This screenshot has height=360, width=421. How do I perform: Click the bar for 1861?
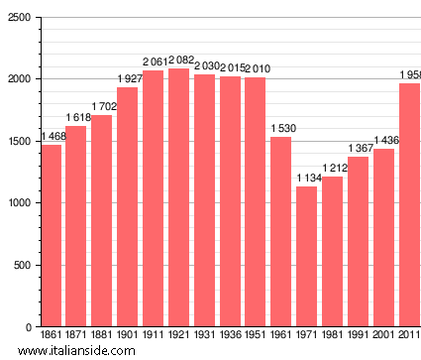51,236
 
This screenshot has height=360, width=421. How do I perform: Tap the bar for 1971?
306,257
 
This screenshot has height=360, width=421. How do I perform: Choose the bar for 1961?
280,232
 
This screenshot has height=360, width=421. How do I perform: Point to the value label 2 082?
178,61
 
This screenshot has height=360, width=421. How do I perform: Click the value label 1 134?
306,180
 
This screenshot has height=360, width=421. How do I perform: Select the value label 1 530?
280,130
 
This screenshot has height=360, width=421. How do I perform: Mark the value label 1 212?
332,170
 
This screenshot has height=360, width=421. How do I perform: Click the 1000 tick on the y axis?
19,203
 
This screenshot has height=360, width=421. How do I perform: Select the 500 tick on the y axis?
22,265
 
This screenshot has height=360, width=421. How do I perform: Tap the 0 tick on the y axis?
29,327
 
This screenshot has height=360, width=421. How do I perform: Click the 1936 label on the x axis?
230,337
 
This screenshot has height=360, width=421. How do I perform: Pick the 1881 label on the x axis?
102,337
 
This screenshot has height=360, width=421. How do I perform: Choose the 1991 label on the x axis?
358,337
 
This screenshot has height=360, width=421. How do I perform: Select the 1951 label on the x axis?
256,337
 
